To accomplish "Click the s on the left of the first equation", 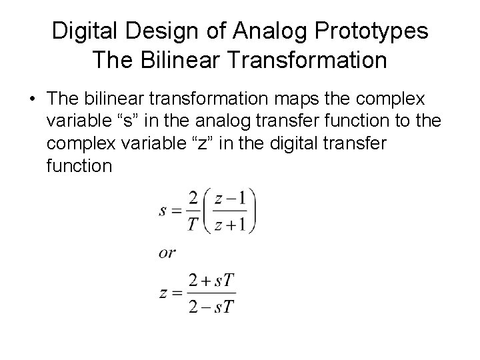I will click(x=163, y=212).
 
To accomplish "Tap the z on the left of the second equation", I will click(x=163, y=293).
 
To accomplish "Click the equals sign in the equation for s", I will click(x=176, y=212).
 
